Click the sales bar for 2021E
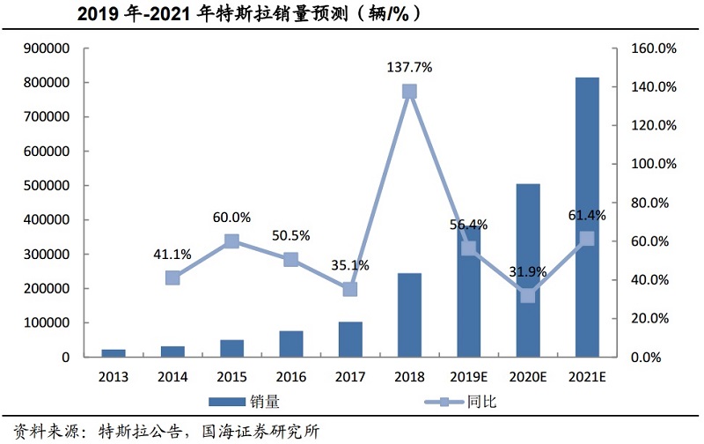click(x=587, y=217)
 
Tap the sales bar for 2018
click(x=409, y=314)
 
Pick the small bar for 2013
click(x=114, y=352)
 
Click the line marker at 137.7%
click(x=409, y=92)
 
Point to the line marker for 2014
click(x=172, y=277)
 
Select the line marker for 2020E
click(x=528, y=295)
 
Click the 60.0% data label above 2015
click(x=231, y=218)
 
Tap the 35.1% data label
click(x=350, y=265)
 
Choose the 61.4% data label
click(x=584, y=216)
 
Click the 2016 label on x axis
click(x=290, y=376)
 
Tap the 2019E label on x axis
click(x=468, y=376)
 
